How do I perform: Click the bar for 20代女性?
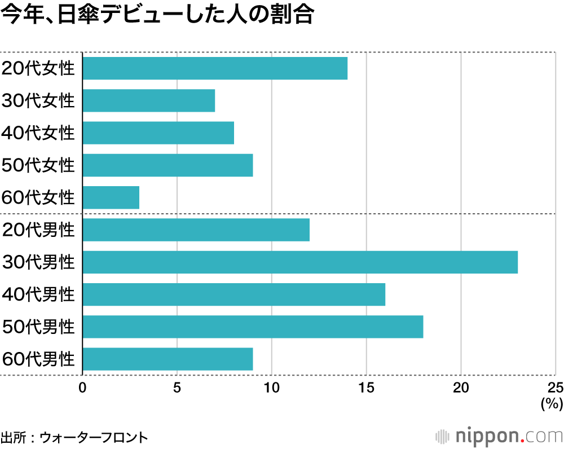coord(215,68)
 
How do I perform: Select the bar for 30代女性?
coord(149,100)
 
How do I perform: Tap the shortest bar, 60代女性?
coord(111,197)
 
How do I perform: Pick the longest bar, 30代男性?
coord(300,262)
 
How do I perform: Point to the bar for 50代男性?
coord(253,327)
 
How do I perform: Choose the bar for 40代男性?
coord(234,294)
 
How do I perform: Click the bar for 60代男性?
coord(168,359)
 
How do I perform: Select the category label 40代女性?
coord(38,133)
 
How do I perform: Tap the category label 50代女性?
coord(38,165)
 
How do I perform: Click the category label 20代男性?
coord(38,230)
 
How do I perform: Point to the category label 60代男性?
coord(38,359)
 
